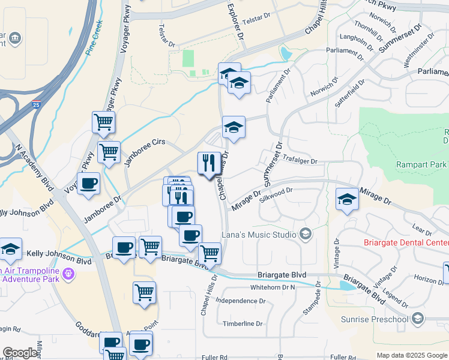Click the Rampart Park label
421,164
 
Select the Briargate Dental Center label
406,243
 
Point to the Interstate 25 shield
37,105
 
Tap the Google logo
20,353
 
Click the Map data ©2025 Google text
412,355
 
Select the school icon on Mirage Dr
347,200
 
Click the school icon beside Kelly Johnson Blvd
10,250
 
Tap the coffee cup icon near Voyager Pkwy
88,184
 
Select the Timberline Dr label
243,324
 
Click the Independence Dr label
240,300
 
